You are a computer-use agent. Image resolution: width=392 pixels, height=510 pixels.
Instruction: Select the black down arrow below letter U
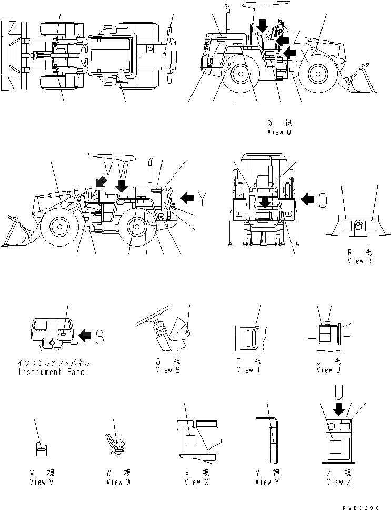[339, 408]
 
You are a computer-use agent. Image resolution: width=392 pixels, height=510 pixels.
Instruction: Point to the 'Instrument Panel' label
[54, 371]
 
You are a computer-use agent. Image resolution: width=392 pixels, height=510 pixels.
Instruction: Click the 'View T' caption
[249, 370]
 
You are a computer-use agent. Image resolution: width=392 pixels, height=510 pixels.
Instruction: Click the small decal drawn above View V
[41, 449]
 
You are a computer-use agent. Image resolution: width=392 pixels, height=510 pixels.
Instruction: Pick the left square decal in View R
[346, 226]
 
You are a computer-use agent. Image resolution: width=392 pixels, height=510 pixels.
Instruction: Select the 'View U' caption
[325, 370]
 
